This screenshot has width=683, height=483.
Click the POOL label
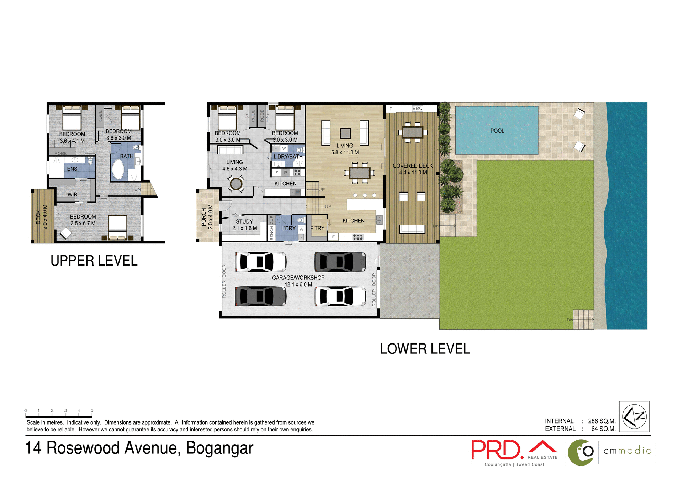497,131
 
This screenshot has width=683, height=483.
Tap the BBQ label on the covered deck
417,109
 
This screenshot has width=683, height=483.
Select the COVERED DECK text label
413,166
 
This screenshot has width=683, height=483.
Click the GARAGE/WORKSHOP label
298,278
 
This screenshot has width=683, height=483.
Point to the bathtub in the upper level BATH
118,169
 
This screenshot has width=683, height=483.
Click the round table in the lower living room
236,184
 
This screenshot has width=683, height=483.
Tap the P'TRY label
317,228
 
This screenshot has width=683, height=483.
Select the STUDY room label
244,221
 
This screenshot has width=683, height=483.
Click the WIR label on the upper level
72,195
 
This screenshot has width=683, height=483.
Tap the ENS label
72,169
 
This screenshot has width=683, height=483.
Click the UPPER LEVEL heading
94,261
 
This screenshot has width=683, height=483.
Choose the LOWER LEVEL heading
425,349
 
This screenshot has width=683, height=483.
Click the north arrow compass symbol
634,416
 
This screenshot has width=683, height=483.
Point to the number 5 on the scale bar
92,411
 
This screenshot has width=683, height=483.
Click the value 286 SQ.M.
602,421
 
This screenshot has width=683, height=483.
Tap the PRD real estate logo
498,450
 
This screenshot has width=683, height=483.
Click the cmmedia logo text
627,451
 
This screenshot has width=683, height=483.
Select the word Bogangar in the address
219,448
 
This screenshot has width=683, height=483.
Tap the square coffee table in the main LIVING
345,133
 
